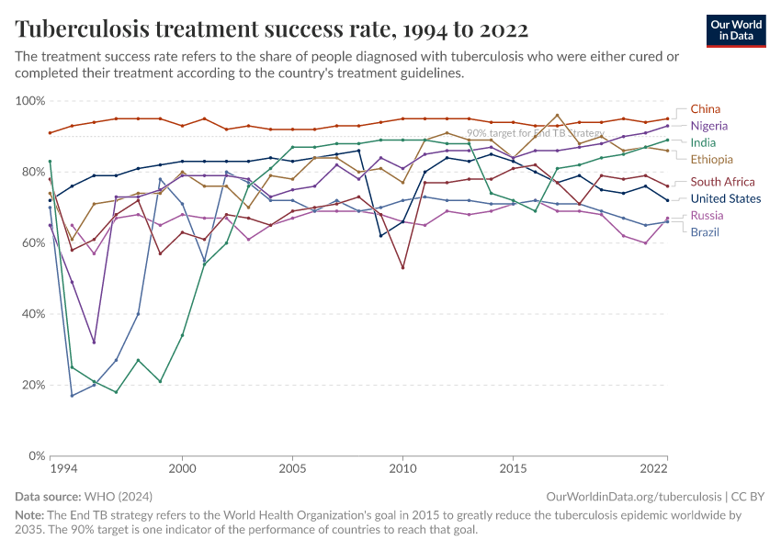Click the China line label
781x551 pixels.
pyautogui.click(x=705, y=109)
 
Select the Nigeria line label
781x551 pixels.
pyautogui.click(x=708, y=126)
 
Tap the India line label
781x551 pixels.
pyautogui.click(x=704, y=142)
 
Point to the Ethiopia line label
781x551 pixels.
pyautogui.click(x=711, y=160)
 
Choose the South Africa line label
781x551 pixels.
pyautogui.click(x=722, y=182)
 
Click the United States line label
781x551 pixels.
pyautogui.click(x=725, y=198)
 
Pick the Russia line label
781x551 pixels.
pyautogui.click(x=707, y=216)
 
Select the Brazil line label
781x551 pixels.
pyautogui.click(x=705, y=232)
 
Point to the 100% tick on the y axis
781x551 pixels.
pyautogui.click(x=31, y=101)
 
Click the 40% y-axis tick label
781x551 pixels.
pyautogui.click(x=34, y=314)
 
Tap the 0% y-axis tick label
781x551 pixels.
pyautogui.click(x=38, y=455)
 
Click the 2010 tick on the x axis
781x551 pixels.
pyautogui.click(x=402, y=469)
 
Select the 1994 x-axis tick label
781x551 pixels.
pyautogui.click(x=63, y=469)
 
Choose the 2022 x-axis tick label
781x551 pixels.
pyautogui.click(x=653, y=469)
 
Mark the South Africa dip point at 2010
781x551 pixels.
pyautogui.click(x=402, y=268)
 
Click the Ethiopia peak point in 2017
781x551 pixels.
pyautogui.click(x=557, y=116)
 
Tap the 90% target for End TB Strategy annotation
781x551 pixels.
pyautogui.click(x=535, y=133)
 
